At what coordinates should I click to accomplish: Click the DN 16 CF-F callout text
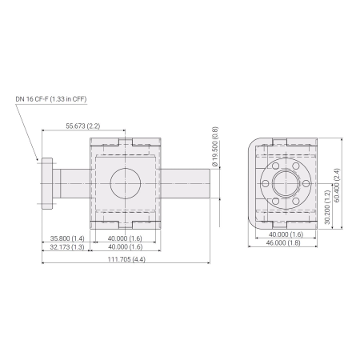[50, 99]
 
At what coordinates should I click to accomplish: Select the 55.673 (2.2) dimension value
[83, 126]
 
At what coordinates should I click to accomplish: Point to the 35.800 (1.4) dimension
[66, 238]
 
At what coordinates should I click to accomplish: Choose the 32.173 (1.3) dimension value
[66, 247]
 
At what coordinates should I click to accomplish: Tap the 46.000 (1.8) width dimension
[284, 242]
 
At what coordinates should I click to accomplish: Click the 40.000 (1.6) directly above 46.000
[284, 234]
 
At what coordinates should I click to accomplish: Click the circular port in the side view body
[128, 184]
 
